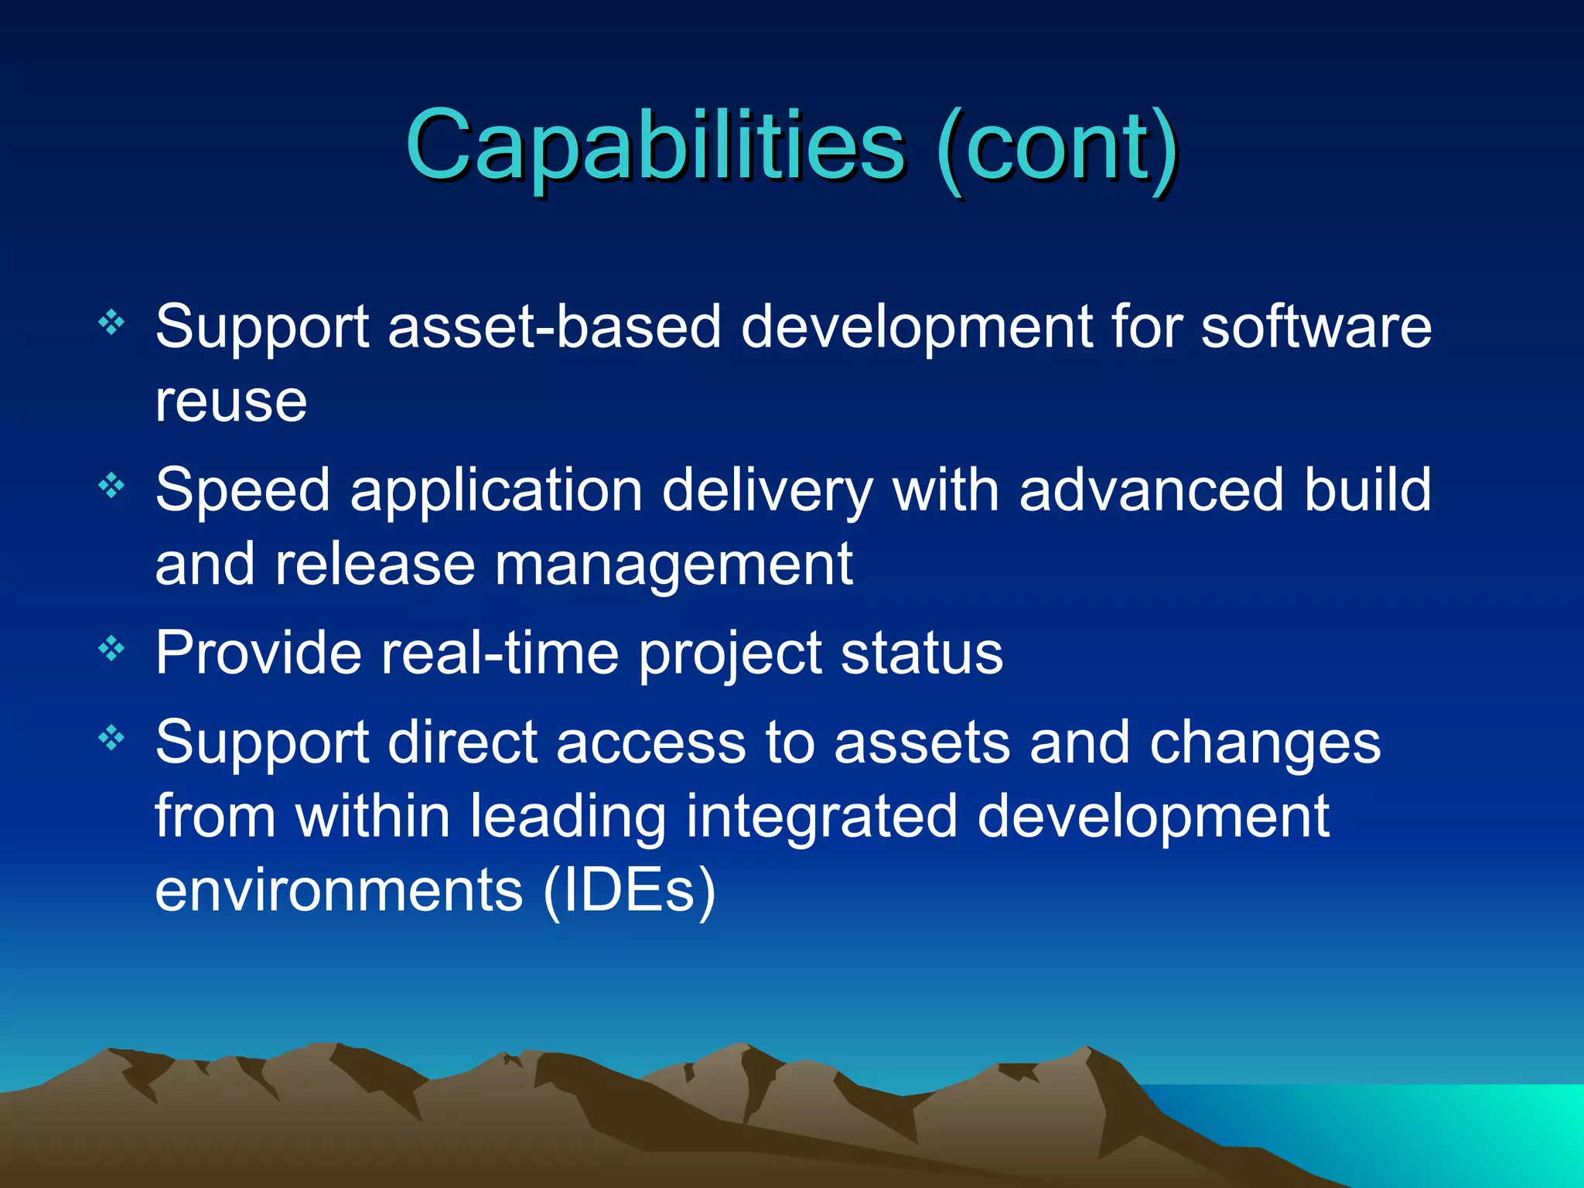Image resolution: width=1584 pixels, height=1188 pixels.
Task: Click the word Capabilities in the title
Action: point(654,147)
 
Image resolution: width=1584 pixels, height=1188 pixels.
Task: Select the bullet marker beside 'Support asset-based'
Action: point(111,322)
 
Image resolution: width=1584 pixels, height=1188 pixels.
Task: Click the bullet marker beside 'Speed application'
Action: point(111,486)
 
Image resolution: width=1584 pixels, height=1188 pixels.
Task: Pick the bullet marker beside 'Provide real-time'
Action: point(111,648)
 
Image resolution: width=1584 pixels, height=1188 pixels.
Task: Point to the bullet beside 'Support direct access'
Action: point(111,738)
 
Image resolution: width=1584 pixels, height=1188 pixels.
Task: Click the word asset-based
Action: point(554,326)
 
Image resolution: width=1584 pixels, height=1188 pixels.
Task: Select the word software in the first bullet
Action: point(1316,326)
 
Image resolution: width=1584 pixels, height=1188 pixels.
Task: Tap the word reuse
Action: point(230,401)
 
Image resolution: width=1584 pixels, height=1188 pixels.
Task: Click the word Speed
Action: point(242,492)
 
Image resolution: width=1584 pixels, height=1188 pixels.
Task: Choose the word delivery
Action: point(767,490)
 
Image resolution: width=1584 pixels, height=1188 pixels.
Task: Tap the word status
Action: point(921,654)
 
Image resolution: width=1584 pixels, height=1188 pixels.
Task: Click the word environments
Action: point(339,891)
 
